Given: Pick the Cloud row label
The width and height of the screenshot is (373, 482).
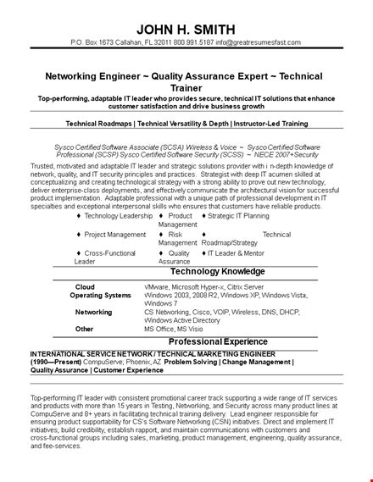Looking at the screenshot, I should pos(85,286).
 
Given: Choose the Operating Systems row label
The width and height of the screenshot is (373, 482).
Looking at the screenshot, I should pos(101,295).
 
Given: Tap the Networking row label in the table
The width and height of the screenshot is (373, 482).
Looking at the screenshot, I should pos(93,312).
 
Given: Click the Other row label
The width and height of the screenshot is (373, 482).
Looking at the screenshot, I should pos(84,328).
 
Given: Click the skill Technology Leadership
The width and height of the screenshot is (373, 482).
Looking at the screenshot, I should pos(118,216).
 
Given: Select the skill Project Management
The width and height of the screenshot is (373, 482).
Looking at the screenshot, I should pos(114,235).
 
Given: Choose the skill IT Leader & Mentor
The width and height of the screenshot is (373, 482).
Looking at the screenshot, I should pos(234,253).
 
